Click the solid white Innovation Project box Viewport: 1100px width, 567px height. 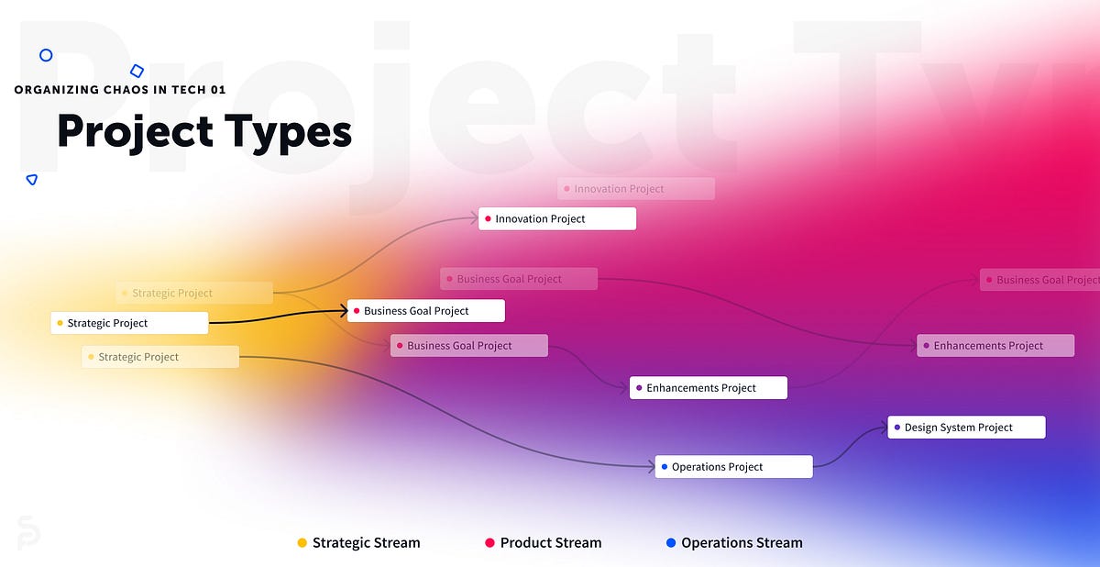coord(557,218)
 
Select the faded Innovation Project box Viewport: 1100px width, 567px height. coord(636,189)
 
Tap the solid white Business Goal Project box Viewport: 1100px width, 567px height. coord(426,311)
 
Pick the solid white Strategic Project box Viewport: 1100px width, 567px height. coord(129,323)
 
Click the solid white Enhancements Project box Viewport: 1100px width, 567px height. coord(709,388)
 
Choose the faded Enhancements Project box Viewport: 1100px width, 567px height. coord(995,346)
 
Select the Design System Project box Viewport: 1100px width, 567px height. coord(966,428)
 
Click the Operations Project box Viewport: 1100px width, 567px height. coord(733,467)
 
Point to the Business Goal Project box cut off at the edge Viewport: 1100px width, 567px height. coord(1040,280)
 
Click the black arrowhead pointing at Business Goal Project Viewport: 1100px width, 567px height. coord(342,312)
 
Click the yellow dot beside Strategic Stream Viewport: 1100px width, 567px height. coord(302,543)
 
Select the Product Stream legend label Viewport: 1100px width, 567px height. coord(551,543)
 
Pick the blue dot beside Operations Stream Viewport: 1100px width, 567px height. coord(671,543)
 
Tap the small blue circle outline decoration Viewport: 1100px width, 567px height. coord(46,55)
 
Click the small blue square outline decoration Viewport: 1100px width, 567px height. coord(137,71)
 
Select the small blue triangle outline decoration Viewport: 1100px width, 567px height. coord(32,180)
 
